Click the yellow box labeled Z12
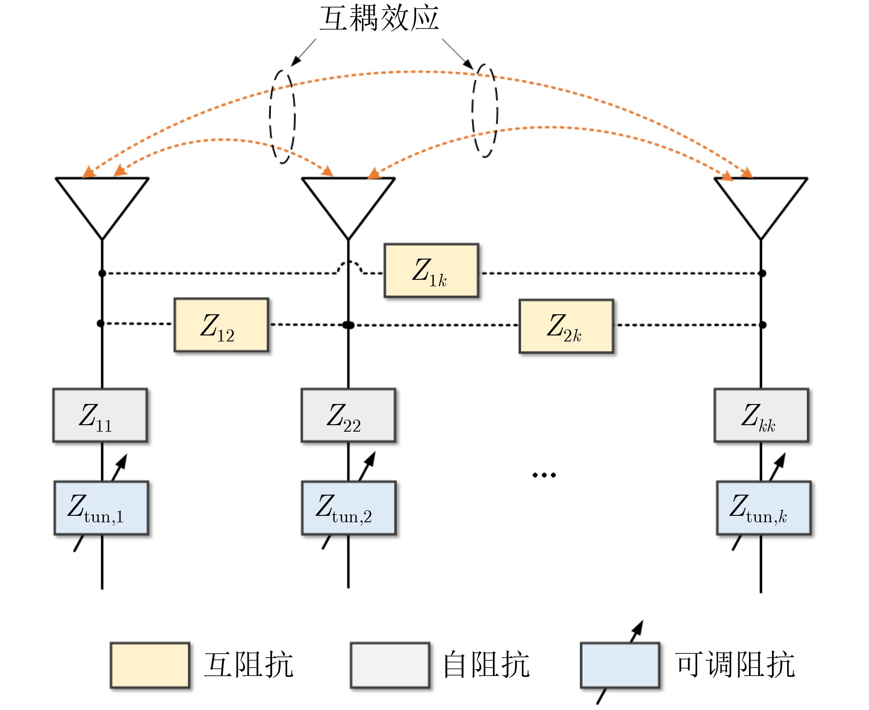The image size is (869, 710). (221, 325)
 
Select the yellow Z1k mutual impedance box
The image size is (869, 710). (431, 271)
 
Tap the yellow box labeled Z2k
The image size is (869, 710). (566, 326)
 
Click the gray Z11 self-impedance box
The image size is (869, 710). (100, 416)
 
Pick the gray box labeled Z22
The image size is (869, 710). (348, 416)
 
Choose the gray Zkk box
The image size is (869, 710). (761, 416)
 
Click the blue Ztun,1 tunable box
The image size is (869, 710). (101, 508)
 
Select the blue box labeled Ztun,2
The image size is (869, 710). (349, 508)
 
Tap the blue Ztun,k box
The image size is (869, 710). (764, 508)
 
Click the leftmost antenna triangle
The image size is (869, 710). (102, 200)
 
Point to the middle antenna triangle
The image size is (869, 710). (348, 200)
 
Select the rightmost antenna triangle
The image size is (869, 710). (761, 200)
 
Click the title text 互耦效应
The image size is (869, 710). (379, 18)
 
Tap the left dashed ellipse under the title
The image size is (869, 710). (282, 116)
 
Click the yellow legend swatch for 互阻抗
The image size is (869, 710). (150, 665)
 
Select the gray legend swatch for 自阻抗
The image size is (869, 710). (390, 665)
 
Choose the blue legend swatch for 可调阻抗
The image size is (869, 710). (620, 665)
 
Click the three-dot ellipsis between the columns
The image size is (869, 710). (544, 475)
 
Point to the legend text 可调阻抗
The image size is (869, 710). (735, 665)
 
